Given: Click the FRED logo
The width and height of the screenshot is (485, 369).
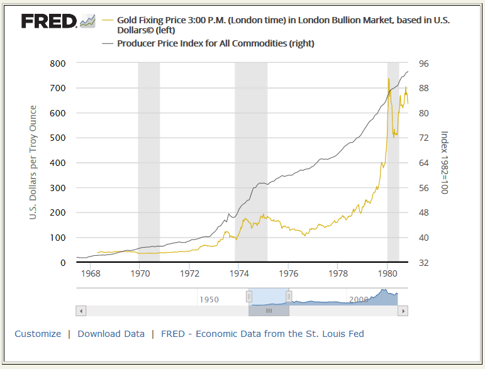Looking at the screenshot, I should [50, 21].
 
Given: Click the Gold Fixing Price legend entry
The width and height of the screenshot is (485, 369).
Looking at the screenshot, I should [283, 25].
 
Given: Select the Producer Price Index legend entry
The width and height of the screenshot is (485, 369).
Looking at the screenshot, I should [215, 43].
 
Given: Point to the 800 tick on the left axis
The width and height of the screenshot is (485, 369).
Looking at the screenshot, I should [58, 63].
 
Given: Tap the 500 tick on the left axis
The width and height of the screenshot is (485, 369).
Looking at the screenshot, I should [58, 138].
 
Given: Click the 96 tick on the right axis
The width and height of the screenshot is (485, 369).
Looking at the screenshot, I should [423, 63].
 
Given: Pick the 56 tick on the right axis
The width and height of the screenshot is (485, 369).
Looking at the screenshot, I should [423, 188].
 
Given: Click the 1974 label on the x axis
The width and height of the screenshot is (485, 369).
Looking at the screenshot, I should [239, 274].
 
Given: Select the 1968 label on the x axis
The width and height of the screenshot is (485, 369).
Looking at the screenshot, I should [91, 274].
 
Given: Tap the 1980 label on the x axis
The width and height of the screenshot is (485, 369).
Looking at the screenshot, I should [387, 274].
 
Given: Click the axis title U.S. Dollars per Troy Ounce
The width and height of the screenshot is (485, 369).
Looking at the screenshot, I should [33, 163].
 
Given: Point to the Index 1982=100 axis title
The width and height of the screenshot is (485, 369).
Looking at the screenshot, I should [443, 163].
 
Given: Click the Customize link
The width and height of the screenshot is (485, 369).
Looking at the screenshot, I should [38, 334].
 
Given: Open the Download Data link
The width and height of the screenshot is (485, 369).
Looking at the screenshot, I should [111, 334].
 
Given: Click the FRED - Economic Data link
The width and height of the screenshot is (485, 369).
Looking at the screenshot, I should [262, 334].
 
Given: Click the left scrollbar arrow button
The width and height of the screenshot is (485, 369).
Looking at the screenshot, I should [81, 311].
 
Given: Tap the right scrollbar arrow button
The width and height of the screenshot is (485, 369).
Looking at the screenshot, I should [403, 311].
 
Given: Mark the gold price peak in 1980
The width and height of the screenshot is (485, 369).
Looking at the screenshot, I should [389, 79].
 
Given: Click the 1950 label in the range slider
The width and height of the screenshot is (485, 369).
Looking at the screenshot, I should [209, 299].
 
